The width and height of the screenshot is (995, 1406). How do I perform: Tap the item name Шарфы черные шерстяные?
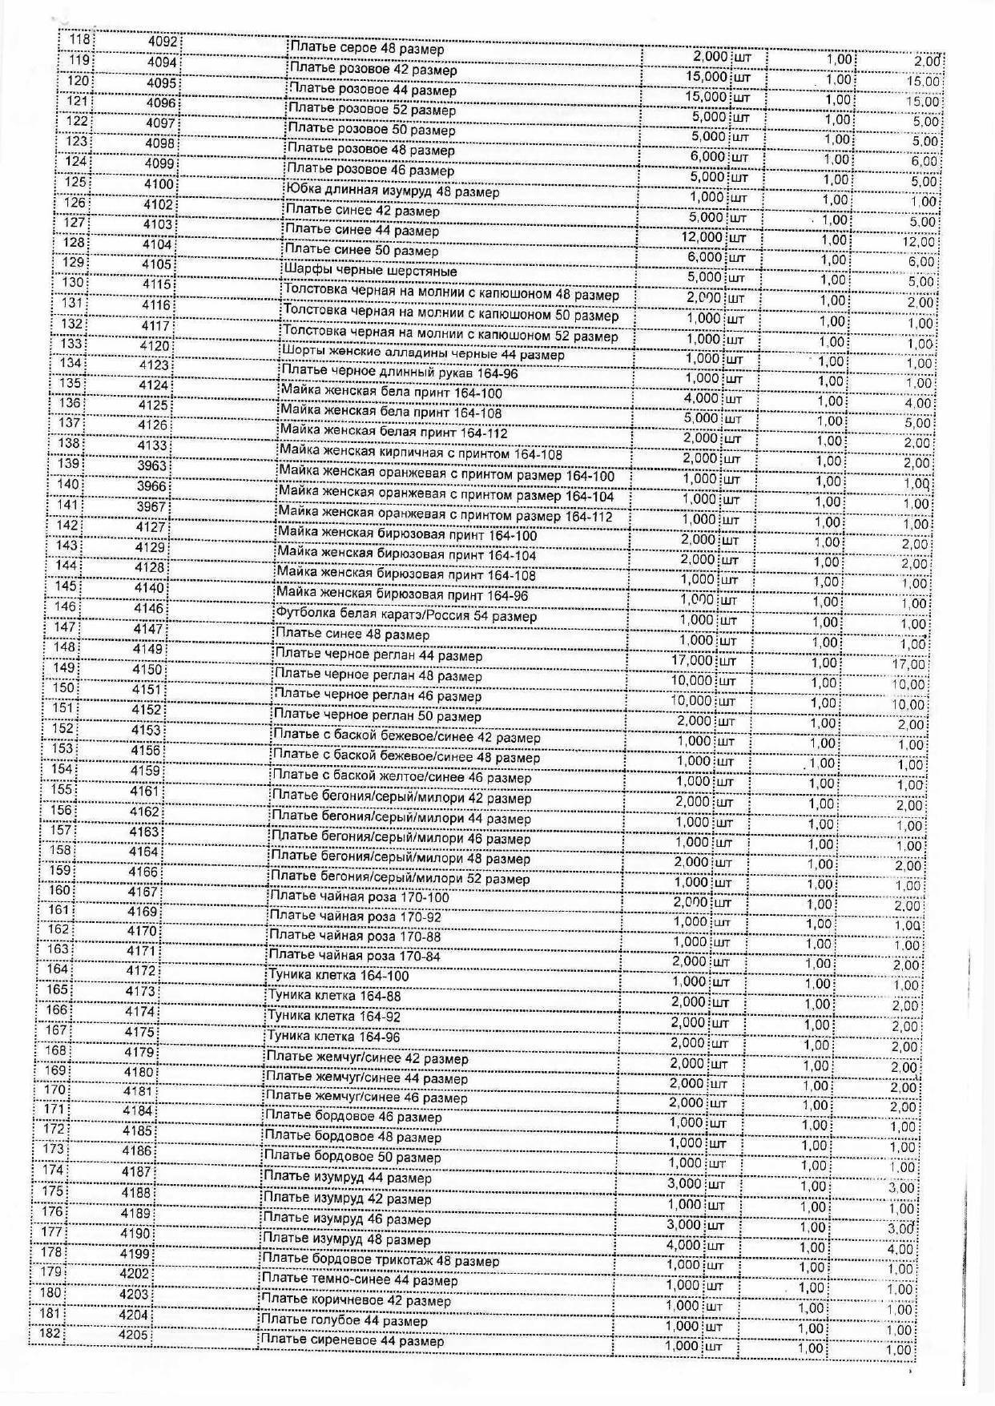click(371, 271)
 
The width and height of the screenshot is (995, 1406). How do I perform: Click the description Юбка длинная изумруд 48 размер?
click(393, 191)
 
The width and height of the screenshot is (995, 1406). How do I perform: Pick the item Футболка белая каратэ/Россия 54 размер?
click(406, 616)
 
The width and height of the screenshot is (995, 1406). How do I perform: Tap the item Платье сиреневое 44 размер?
click(352, 1340)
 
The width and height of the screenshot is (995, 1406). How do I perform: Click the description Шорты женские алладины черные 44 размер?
click(423, 354)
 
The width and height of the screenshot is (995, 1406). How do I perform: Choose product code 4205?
click(134, 1335)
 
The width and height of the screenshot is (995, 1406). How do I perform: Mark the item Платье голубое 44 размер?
click(344, 1320)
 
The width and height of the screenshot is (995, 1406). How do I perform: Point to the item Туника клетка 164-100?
click(338, 976)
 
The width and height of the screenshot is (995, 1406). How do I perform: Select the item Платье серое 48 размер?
click(366, 50)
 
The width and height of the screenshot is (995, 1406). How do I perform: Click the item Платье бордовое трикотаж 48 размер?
click(381, 1260)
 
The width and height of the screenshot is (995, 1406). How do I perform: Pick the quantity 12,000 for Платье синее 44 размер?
click(702, 238)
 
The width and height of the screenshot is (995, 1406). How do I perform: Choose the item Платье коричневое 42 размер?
click(356, 1300)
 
